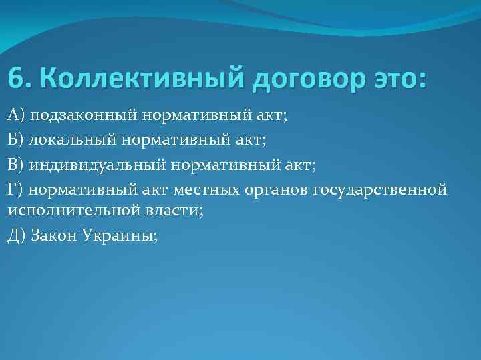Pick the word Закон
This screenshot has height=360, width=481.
[x=55, y=235]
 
